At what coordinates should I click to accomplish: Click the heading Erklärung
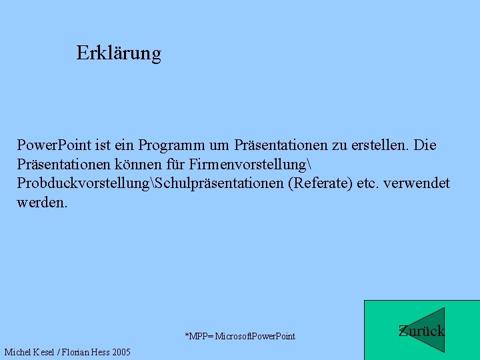[119, 53]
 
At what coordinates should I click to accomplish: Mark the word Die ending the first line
[425, 145]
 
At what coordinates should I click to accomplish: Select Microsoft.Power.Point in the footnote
[255, 336]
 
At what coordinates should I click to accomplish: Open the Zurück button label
[421, 331]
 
